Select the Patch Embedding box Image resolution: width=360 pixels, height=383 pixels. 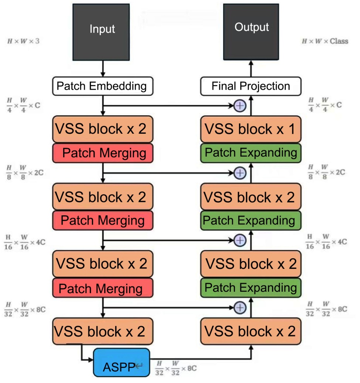point(102,86)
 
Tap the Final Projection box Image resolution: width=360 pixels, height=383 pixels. point(251,86)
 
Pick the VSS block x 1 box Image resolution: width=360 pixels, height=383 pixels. point(251,129)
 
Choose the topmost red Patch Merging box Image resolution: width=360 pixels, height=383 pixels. point(102,153)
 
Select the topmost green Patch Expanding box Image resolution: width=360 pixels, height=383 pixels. point(251,153)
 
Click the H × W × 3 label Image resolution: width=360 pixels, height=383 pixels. point(23,41)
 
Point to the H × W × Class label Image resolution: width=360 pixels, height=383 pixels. point(325,41)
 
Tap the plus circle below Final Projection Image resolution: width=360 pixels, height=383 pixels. point(240,106)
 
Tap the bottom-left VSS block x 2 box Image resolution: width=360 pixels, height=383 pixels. point(102,331)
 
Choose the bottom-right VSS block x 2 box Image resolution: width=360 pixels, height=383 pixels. point(251,331)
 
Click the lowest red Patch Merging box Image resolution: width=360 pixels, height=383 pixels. point(102,288)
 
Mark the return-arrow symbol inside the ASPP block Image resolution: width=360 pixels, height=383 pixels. point(139,366)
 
